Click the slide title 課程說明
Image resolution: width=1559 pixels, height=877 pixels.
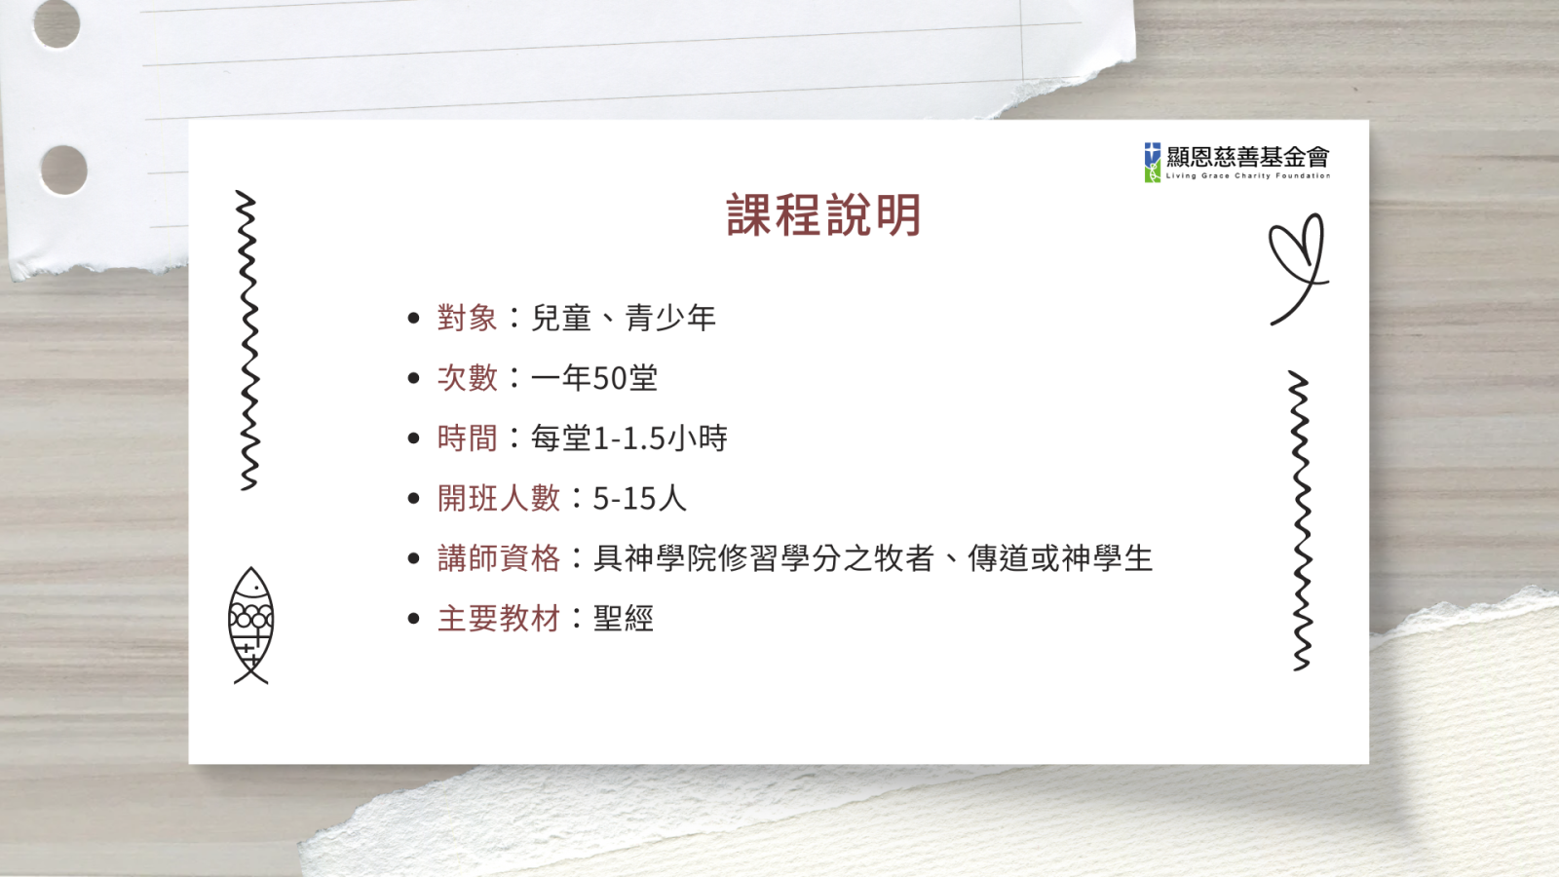[824, 215]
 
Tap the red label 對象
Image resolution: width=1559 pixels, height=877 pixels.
[467, 318]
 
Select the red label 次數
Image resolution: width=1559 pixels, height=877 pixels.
[467, 378]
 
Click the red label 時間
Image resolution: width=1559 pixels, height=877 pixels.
[467, 438]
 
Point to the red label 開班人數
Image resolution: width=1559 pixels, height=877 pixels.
[498, 498]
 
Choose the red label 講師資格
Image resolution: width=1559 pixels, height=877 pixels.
[498, 558]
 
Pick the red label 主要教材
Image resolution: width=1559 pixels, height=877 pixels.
[498, 619]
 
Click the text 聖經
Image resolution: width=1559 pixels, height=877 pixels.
[623, 619]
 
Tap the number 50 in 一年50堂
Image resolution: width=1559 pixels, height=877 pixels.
[610, 379]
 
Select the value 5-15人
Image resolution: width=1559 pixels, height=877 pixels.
[639, 498]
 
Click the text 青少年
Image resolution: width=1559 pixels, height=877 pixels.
[670, 318]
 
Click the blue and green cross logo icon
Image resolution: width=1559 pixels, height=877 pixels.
[1153, 162]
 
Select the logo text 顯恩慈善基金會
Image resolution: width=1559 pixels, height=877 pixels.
[1248, 157]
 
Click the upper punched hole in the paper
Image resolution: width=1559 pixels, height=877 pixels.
[57, 23]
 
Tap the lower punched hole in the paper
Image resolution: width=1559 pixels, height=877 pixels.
[63, 170]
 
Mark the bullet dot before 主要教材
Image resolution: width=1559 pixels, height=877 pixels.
[414, 619]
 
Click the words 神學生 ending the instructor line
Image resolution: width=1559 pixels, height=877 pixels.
[1107, 558]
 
